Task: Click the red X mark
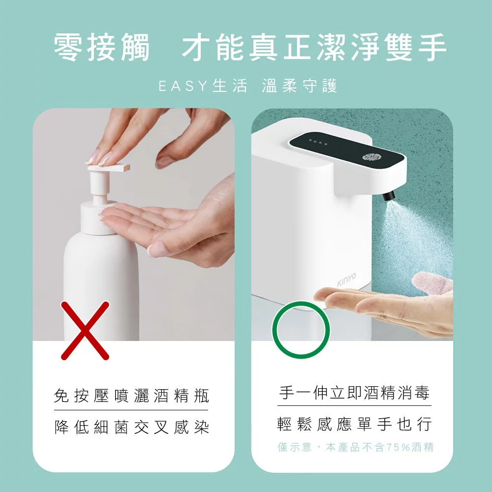(x=85, y=330)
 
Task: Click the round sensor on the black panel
(x=369, y=157)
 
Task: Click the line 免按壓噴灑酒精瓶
(x=131, y=396)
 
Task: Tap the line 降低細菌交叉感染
(x=131, y=427)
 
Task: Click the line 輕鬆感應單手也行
(x=354, y=424)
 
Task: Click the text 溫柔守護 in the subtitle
(x=300, y=87)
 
